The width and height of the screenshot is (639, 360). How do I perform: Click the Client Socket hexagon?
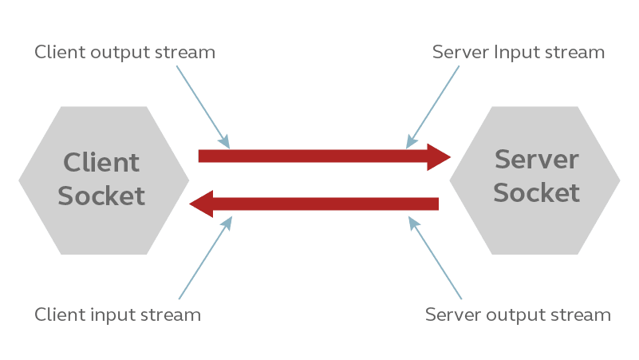(x=104, y=180)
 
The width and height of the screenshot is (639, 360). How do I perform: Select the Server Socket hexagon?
(x=534, y=180)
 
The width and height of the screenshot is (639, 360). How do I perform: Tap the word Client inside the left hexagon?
(x=101, y=163)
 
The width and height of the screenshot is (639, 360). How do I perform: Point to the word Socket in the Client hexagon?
(x=102, y=196)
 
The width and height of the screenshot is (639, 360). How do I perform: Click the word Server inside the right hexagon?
(x=536, y=160)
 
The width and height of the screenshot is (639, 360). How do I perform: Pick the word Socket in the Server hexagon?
(x=536, y=193)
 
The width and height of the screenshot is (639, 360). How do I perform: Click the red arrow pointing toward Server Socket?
(x=319, y=156)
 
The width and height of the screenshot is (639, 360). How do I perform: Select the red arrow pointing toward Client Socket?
(x=319, y=204)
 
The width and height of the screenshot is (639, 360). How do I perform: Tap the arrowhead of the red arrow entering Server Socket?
(x=439, y=156)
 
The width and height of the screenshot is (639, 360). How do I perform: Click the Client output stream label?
(x=125, y=53)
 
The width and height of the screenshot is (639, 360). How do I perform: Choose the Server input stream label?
(x=519, y=53)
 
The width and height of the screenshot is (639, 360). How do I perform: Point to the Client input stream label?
(x=118, y=315)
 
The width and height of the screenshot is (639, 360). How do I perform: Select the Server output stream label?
(x=519, y=315)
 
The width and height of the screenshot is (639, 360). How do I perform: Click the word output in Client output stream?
(x=132, y=53)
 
